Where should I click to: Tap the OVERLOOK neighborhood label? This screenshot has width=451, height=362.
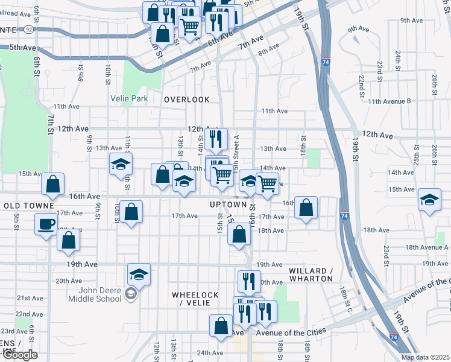[187, 100]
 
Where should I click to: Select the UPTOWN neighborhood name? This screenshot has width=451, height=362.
[229, 205]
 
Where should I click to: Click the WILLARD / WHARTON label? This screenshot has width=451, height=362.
[311, 275]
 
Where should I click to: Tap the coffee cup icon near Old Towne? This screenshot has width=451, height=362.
[46, 225]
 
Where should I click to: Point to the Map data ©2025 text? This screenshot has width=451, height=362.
[426, 357]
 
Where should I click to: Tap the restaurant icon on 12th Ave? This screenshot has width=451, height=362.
[215, 139]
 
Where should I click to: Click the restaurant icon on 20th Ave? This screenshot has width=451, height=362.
[248, 281]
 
